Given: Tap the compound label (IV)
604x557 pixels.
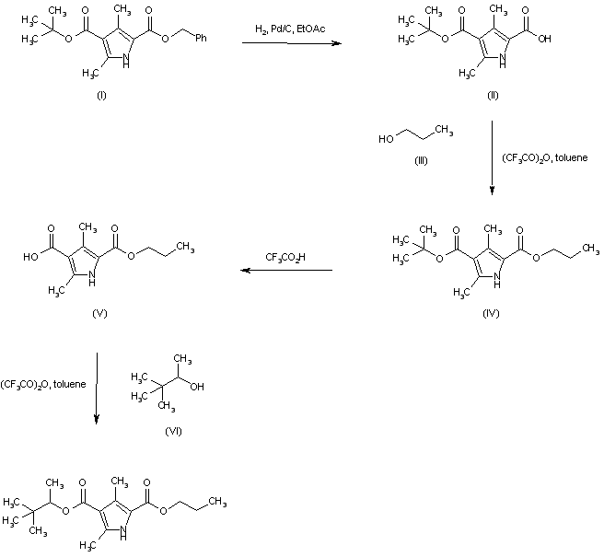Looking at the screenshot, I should click(x=491, y=313).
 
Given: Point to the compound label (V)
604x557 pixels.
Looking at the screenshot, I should click(x=101, y=313).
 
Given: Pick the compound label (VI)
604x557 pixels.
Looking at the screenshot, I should click(x=172, y=431).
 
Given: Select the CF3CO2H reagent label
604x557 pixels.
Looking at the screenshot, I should click(x=287, y=257).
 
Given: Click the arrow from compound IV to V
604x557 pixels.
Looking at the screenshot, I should click(x=286, y=271).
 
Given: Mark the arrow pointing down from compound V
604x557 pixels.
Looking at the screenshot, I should click(x=98, y=387).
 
